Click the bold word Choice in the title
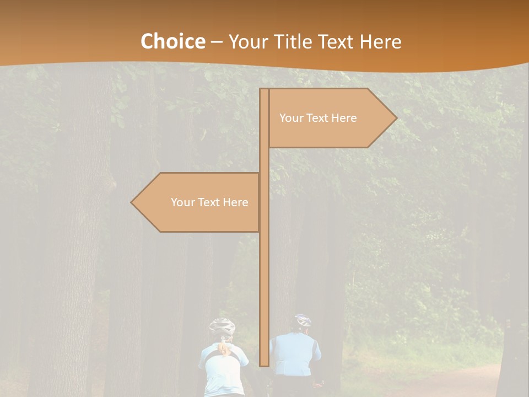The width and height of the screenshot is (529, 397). pyautogui.click(x=172, y=41)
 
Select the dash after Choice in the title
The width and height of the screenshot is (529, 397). pyautogui.click(x=216, y=42)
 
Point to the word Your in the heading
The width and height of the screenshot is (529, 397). pyautogui.click(x=247, y=41)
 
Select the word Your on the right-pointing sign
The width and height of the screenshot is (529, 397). pyautogui.click(x=291, y=118)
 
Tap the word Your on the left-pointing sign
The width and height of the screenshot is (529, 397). pyautogui.click(x=182, y=202)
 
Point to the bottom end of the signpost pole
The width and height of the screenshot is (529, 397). pyautogui.click(x=264, y=364)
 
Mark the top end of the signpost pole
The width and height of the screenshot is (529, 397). pyautogui.click(x=264, y=90)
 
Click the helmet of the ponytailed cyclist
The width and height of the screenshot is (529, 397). pyautogui.click(x=222, y=326)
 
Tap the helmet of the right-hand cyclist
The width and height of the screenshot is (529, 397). pyautogui.click(x=303, y=320)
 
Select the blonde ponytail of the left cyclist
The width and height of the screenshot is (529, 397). pyautogui.click(x=223, y=347)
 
